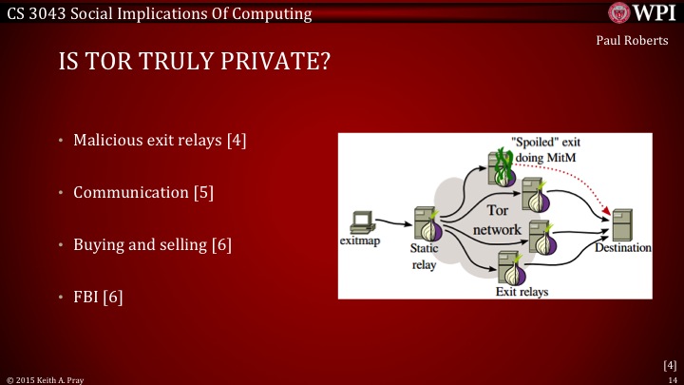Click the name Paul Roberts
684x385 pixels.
(639, 41)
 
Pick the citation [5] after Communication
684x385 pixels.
(203, 192)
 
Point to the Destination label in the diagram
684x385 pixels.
(623, 248)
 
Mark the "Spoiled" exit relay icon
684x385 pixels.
(502, 167)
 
